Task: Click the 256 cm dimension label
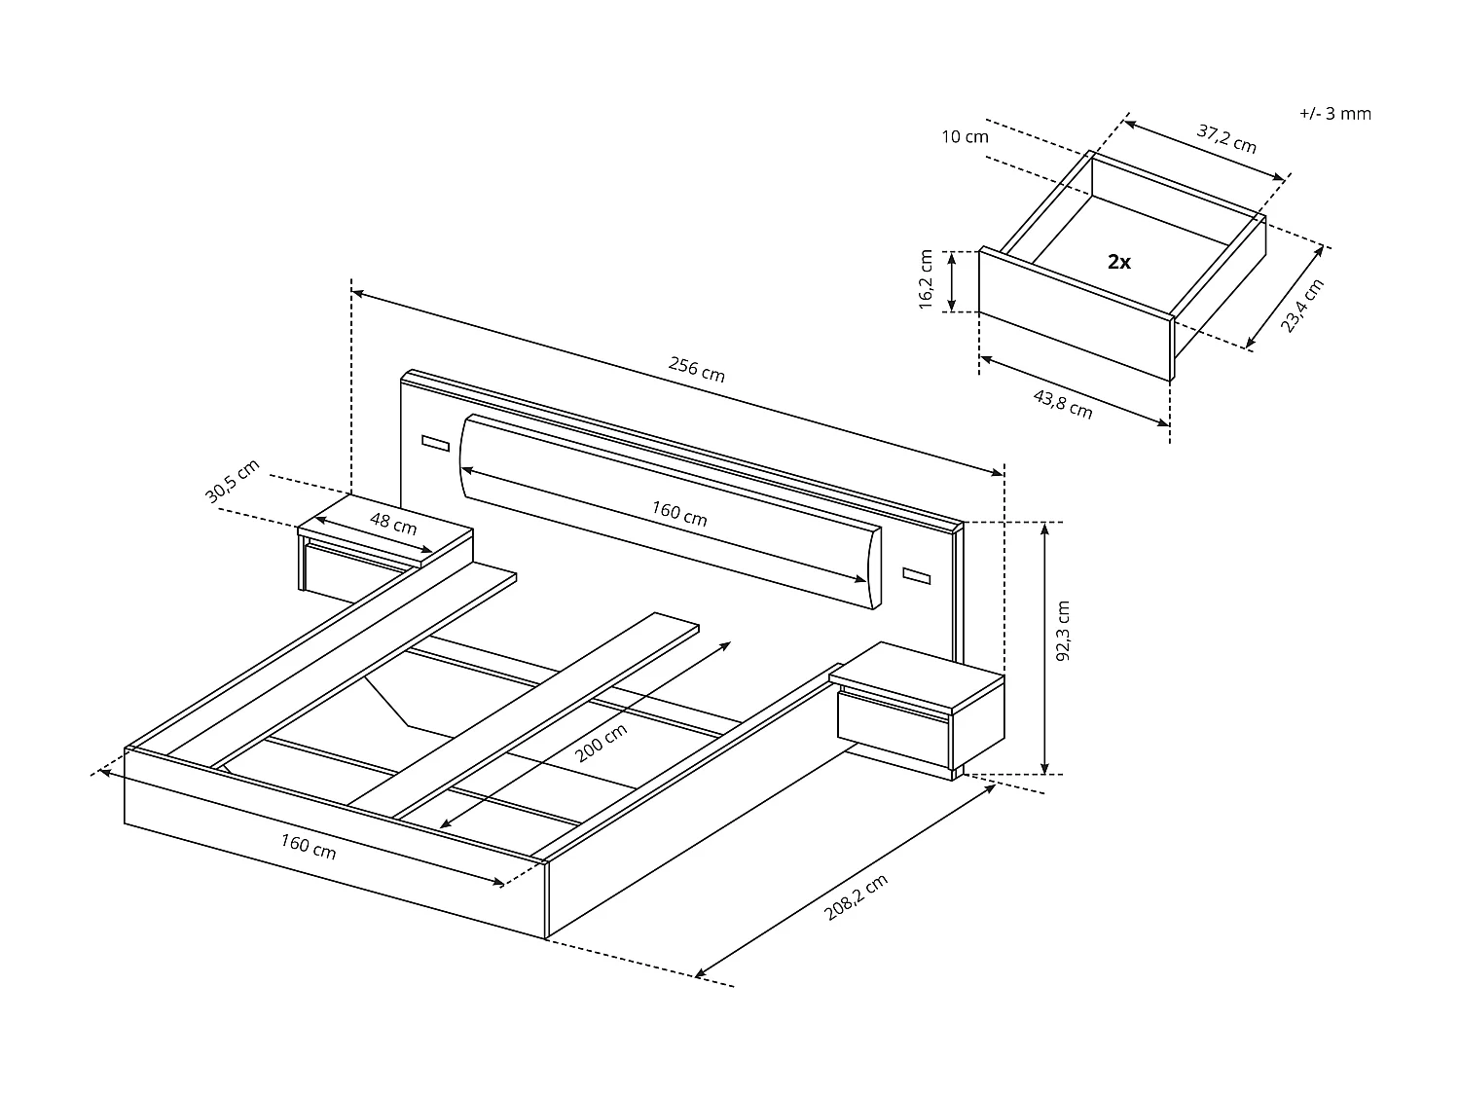697,370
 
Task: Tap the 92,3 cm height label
1063,631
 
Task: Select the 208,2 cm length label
856,897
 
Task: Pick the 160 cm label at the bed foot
309,847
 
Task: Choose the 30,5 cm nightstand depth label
232,481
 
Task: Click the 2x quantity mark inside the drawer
1119,262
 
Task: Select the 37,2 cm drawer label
1226,139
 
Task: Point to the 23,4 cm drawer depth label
1301,306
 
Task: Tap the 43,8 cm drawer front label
1062,404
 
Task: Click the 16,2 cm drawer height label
926,280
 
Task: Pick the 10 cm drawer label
965,137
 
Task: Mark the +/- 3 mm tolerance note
1334,114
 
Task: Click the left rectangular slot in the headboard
435,444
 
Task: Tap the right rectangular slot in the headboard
916,577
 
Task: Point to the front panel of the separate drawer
1074,313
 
